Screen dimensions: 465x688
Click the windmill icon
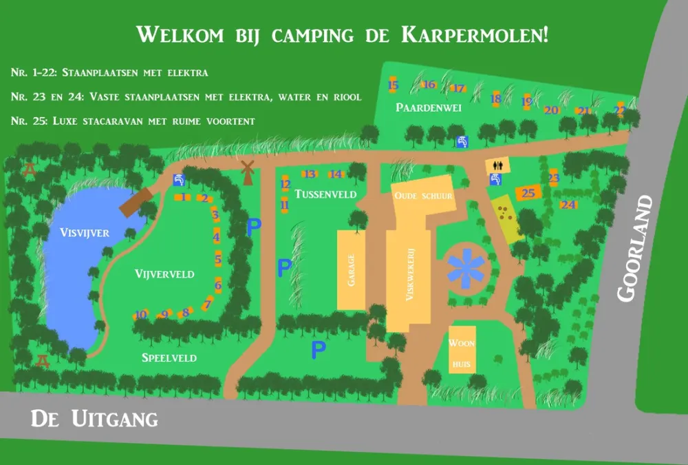248,171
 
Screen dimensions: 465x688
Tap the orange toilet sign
494,165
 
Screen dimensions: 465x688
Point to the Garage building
351,269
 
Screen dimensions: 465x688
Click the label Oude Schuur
423,196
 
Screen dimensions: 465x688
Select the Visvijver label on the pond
85,233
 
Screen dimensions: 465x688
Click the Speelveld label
169,358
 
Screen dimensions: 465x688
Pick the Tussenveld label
325,194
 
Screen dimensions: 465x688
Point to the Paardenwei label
428,107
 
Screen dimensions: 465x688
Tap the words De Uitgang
94,418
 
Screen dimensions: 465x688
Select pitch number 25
528,193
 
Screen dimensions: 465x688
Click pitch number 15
394,85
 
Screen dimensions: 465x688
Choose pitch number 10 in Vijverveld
141,314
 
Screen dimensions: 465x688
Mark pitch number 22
620,110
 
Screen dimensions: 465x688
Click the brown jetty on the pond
138,202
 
